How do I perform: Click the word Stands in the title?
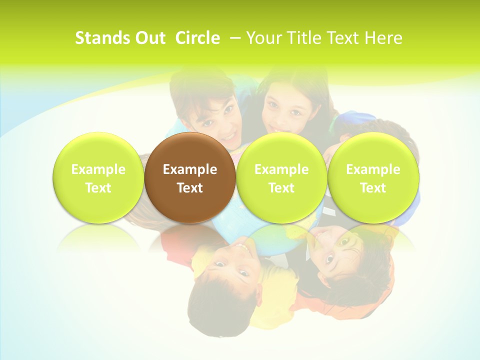[x=103, y=38]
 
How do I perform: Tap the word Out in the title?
[x=150, y=38]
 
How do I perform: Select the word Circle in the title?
[x=197, y=38]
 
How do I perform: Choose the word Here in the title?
[x=382, y=38]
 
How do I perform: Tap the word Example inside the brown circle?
[x=190, y=169]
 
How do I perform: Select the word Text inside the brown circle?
[x=190, y=188]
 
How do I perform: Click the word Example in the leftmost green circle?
[x=98, y=169]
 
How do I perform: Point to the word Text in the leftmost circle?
[x=98, y=188]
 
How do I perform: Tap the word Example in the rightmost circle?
[x=373, y=169]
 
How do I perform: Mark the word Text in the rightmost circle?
[x=373, y=188]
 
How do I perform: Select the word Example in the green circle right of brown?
[x=281, y=169]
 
